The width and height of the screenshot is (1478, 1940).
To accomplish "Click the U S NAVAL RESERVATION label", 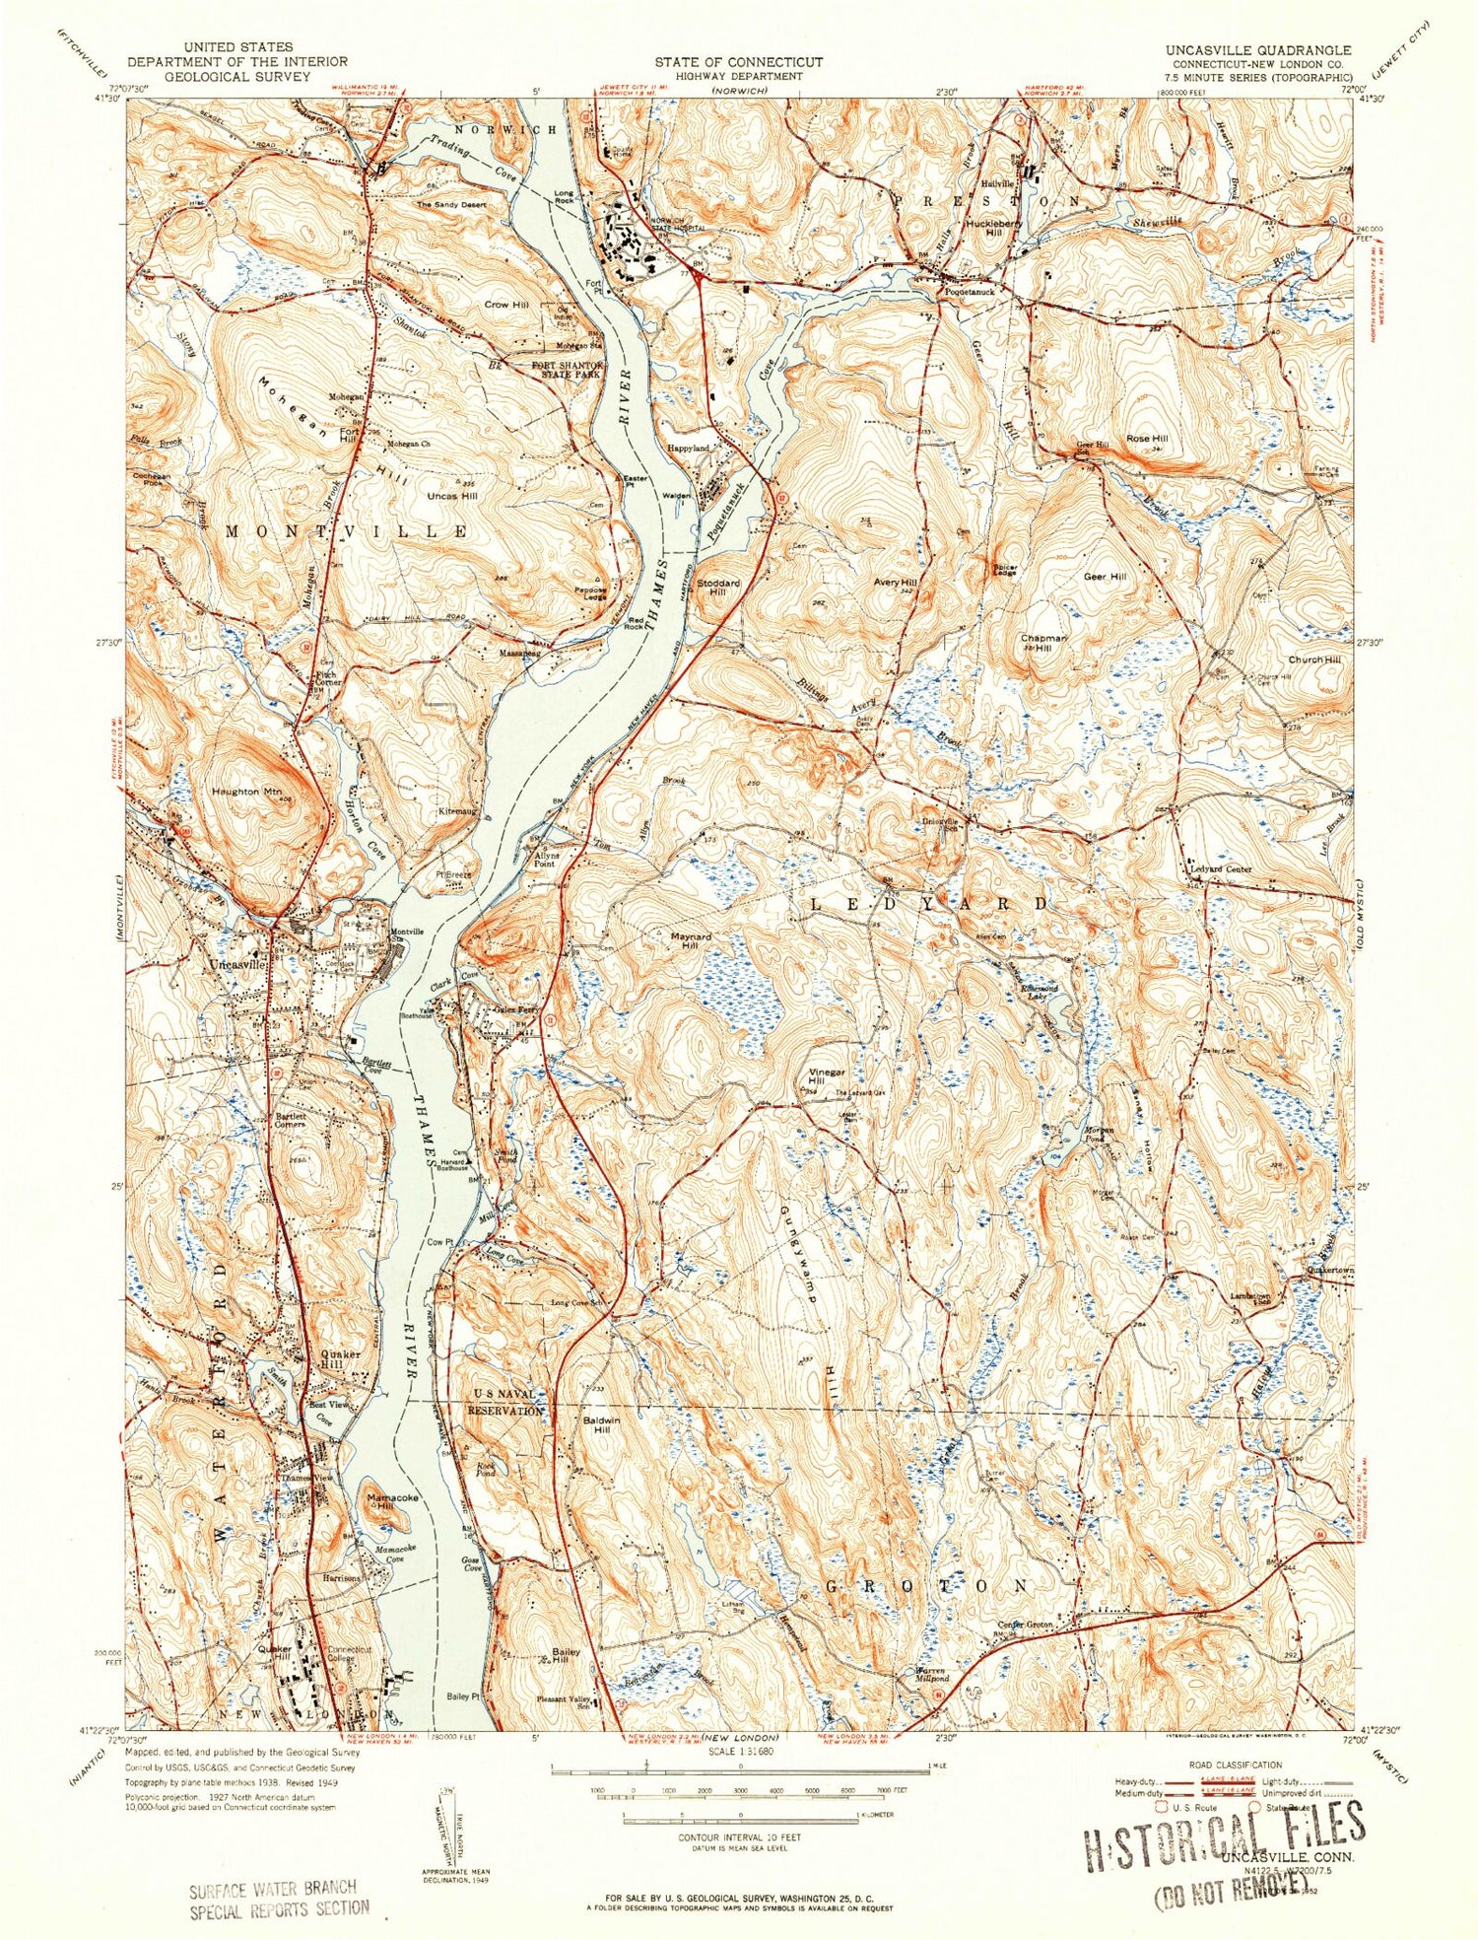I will tap(505, 1403).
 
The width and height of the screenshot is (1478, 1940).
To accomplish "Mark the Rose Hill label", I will tap(1146, 439).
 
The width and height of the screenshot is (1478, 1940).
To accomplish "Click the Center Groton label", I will tap(1026, 1625).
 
